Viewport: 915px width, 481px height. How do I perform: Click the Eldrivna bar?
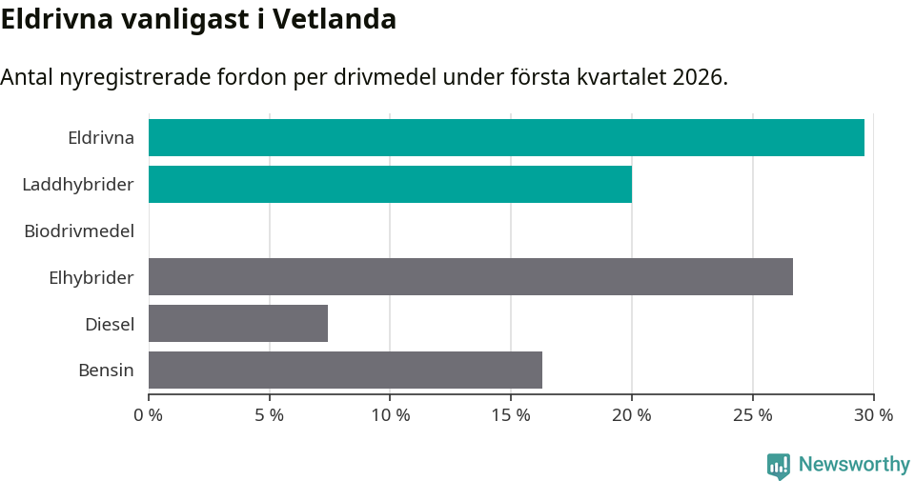coord(506,137)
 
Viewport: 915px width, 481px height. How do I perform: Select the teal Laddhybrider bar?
coord(390,184)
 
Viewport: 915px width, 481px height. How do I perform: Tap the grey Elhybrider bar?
coord(471,276)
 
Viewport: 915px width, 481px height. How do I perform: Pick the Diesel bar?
coord(238,323)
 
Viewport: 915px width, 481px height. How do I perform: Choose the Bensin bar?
coord(345,370)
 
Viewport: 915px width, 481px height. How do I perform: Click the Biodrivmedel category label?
coord(79,230)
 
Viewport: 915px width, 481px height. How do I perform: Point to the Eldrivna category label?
coord(101,137)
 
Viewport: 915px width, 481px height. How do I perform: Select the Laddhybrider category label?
coord(78,184)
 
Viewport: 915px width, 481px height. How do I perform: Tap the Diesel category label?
coord(110,324)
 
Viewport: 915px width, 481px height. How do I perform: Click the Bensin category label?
coord(106,370)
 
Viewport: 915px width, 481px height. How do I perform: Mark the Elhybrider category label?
coord(91,277)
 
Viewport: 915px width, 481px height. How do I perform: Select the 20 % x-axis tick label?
coord(632,415)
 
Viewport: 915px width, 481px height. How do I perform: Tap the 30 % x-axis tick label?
coord(873,415)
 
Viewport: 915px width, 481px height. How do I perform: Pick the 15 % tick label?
coord(511,415)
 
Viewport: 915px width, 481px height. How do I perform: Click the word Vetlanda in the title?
coord(335,19)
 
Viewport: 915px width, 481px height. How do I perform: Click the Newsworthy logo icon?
coord(778,465)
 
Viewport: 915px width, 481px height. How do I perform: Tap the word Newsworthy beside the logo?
coord(854,465)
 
